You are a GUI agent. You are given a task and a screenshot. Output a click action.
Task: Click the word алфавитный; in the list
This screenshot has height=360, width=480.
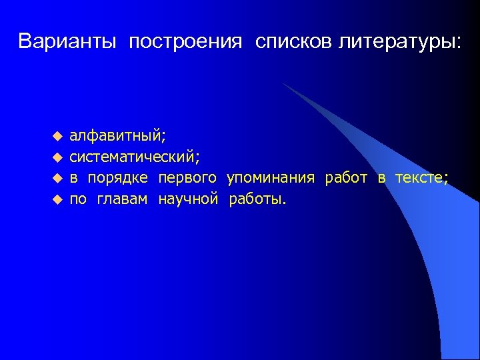coord(118,137)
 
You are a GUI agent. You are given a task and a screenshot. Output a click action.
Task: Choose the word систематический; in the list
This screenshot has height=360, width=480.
coord(135,157)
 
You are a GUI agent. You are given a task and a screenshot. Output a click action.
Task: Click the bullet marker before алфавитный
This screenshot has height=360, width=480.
coord(57,137)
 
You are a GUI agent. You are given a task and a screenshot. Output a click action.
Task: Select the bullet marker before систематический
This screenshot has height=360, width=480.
coord(57,157)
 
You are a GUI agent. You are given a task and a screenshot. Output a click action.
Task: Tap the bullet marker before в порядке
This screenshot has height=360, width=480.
coord(57,178)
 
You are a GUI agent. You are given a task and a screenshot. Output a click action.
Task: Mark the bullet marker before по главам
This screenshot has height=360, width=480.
coord(57,199)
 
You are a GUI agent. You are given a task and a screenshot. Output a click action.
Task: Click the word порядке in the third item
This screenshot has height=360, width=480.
coord(118,178)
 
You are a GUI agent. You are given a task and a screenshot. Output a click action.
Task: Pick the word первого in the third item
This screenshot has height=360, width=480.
coord(187,178)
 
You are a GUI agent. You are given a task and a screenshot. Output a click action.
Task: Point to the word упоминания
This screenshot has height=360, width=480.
coord(270,178)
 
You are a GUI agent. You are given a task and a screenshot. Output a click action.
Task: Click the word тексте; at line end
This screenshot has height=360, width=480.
coord(421,177)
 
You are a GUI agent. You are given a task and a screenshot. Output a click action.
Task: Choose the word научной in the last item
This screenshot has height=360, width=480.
coord(188,198)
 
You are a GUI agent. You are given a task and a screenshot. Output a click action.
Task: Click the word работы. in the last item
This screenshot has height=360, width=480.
coord(257,199)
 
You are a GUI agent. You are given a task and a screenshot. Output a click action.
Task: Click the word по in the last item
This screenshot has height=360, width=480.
coord(78,199)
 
